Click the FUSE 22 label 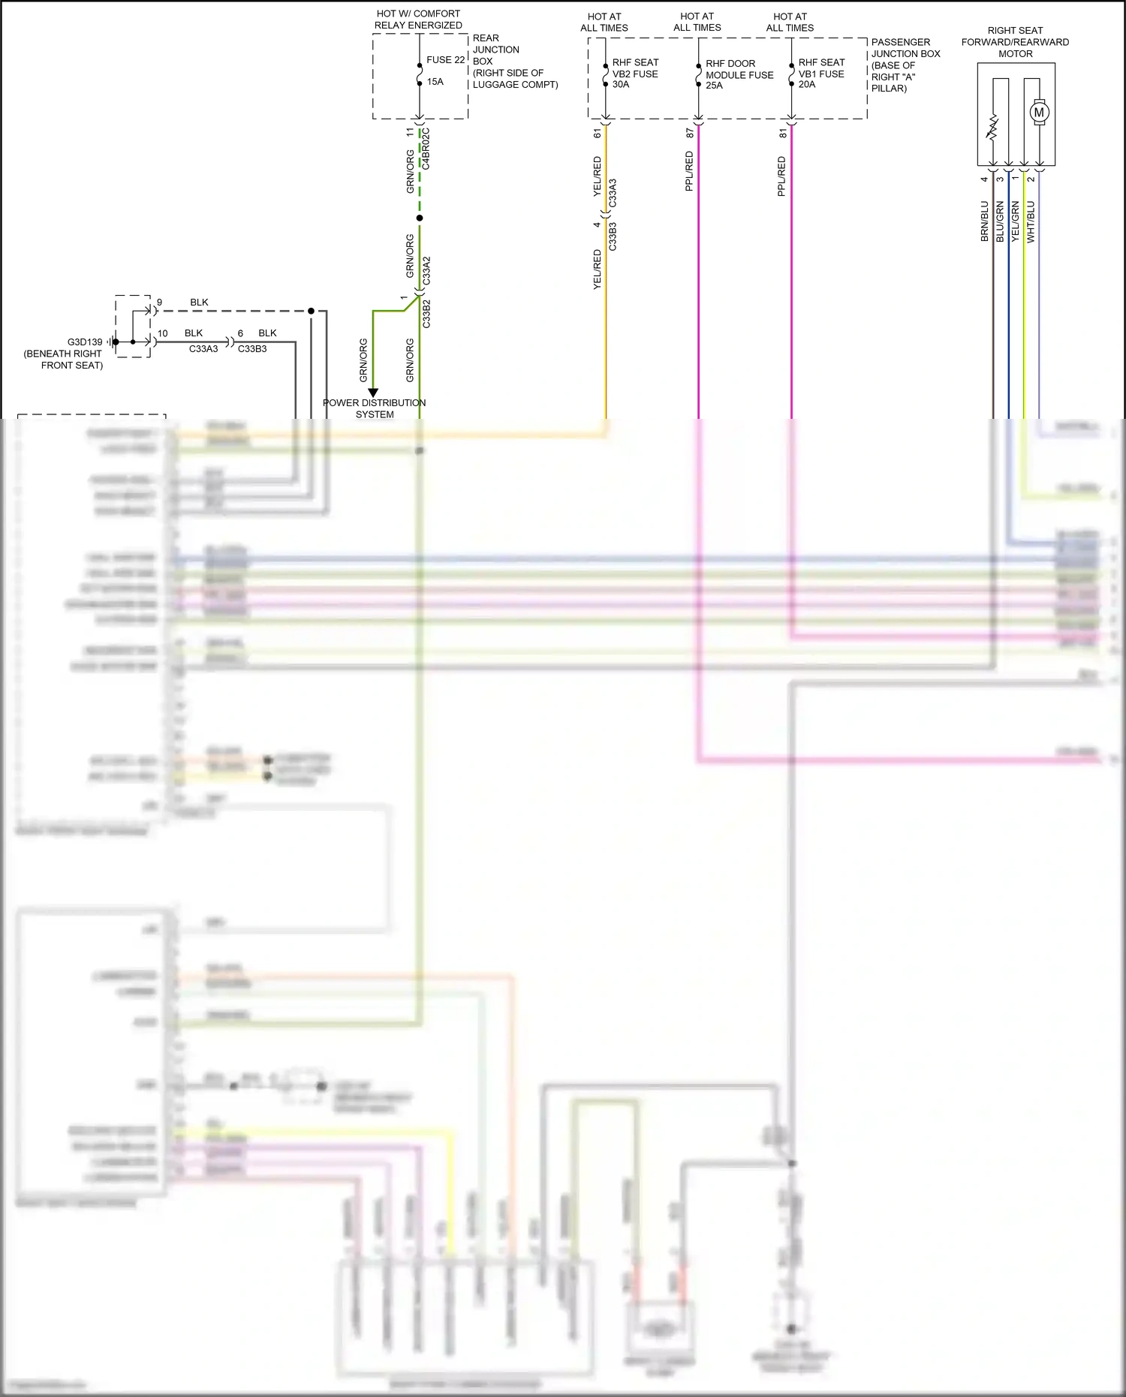[445, 60]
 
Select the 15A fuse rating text [435, 82]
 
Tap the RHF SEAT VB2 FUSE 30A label [635, 74]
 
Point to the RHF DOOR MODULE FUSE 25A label [739, 75]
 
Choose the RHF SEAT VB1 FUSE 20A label [821, 74]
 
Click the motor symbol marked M [1039, 113]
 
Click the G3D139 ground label [85, 342]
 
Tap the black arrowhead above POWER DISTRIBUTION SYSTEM [373, 393]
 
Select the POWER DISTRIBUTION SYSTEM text [374, 408]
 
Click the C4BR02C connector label [426, 149]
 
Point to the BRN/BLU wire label [984, 221]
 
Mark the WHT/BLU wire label [1031, 221]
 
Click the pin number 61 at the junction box [598, 134]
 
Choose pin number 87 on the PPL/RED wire [690, 134]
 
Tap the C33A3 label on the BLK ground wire [203, 349]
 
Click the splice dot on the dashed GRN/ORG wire [420, 218]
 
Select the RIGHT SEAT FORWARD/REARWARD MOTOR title [1015, 42]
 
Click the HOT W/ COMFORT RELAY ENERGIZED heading [418, 20]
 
